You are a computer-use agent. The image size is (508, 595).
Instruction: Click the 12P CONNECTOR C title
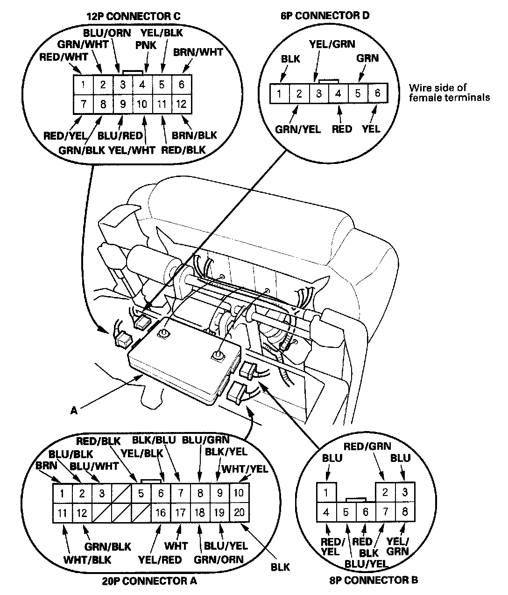coord(134,16)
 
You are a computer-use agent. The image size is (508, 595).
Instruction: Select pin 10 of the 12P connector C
coord(142,104)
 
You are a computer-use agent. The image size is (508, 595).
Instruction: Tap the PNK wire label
coord(146,45)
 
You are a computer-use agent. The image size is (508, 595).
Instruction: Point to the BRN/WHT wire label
coord(198,52)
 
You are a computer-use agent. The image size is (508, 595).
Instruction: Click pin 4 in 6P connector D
coord(338,93)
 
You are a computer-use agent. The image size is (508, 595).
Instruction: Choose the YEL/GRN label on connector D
coord(332,44)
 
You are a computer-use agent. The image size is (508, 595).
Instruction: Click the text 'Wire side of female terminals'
coord(449,92)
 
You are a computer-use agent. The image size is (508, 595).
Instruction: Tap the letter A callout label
coord(74,411)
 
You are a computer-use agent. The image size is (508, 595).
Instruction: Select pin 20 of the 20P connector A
coord(239,512)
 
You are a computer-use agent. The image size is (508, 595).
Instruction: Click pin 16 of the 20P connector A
coord(161,512)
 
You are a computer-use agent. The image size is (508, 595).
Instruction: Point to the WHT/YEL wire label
coord(245,469)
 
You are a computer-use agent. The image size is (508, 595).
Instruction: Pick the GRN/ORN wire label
coord(219,560)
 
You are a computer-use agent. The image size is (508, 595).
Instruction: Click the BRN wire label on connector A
coord(46,466)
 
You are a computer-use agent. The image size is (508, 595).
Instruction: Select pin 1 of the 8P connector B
coord(326,493)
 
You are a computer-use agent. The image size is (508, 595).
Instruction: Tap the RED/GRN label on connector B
coord(367,446)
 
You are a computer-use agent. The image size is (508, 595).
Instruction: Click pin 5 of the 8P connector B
coord(346,512)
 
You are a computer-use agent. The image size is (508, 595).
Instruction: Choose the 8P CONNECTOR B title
coord(374,581)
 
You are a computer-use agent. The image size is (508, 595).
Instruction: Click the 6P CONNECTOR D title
coord(325,15)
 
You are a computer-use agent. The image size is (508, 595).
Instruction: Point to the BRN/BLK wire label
coord(194,135)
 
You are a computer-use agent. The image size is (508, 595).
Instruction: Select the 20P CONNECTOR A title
coord(150,581)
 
